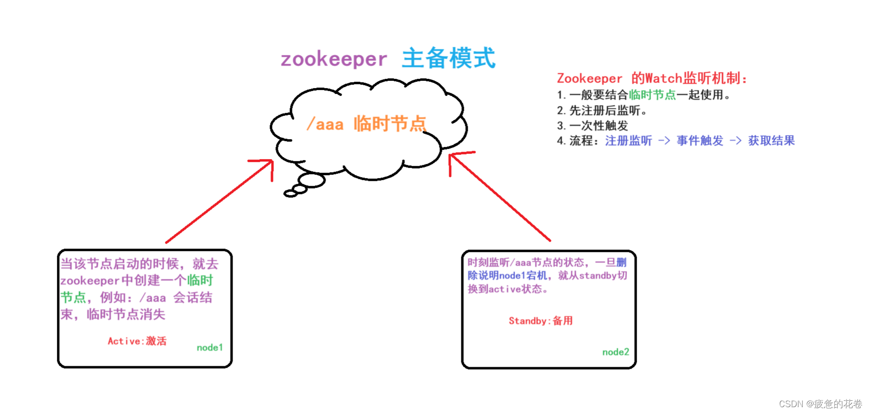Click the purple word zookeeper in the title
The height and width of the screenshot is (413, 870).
334,59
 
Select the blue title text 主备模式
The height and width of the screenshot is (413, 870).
448,58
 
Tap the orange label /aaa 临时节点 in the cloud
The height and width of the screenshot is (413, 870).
366,124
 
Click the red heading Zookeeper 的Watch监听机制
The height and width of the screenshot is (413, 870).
652,78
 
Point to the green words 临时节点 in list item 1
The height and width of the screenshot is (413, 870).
652,95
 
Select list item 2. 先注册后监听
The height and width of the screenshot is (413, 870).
601,110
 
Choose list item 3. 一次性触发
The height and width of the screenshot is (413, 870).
592,126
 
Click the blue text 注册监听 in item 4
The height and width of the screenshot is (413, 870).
628,141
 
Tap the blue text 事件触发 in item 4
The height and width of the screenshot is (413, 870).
700,141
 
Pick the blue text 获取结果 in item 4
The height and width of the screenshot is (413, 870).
771,141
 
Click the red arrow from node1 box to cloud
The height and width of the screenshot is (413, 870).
219,202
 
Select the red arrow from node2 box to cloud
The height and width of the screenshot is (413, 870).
501,197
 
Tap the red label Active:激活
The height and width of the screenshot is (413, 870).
137,341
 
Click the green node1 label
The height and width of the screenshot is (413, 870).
210,347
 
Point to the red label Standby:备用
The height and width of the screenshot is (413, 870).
541,321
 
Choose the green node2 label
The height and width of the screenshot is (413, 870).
616,352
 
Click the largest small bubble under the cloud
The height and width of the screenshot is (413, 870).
311,180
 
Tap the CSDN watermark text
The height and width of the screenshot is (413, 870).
820,404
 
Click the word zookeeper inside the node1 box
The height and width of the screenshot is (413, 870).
90,281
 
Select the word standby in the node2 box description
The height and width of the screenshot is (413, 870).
598,276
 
